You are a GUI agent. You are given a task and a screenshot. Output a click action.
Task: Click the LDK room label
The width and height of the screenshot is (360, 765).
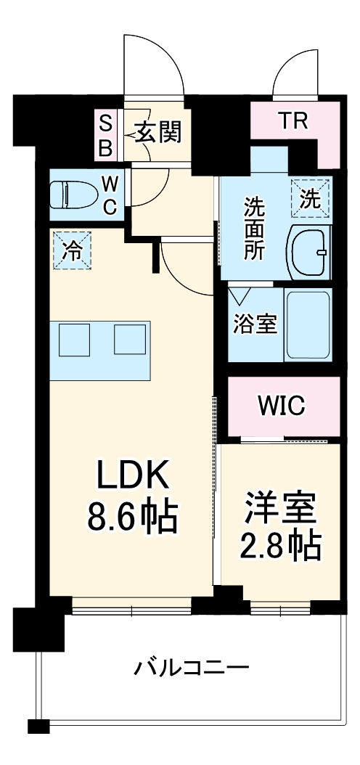point(134,477)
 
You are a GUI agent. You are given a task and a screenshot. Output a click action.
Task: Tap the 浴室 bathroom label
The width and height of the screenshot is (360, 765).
point(254,324)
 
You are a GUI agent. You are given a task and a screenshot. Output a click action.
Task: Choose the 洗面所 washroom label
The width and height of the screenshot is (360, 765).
point(254,229)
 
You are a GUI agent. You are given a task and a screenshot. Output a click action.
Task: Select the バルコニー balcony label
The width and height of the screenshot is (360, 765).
point(191,667)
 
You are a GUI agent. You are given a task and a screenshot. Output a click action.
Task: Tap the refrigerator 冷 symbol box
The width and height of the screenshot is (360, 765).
point(72,250)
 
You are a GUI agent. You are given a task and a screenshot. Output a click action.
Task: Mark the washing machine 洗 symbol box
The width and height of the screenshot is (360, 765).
point(310,197)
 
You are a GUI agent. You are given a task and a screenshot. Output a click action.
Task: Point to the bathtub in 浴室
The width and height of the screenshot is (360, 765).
point(308,325)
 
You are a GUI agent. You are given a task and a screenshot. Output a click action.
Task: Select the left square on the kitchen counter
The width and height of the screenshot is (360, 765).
point(74,340)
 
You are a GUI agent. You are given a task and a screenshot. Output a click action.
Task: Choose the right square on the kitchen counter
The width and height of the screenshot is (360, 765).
point(130,340)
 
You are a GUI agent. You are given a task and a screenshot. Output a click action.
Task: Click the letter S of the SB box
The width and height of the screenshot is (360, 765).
point(105,121)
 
